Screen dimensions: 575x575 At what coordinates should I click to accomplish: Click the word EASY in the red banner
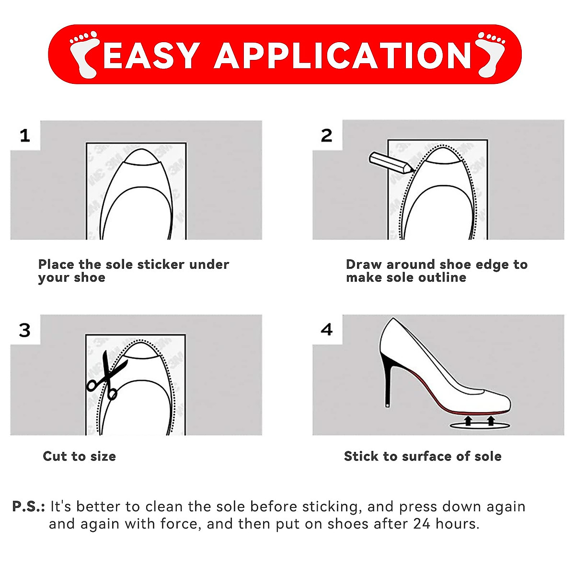(151, 55)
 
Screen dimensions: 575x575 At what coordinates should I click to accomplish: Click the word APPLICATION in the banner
(343, 55)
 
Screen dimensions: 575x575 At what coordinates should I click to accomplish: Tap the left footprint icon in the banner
(83, 54)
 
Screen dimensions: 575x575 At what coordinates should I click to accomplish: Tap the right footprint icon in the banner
(491, 54)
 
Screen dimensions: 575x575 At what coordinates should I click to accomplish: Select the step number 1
(25, 136)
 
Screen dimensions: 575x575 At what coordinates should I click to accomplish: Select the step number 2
(326, 136)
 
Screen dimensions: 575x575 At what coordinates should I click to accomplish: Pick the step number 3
(25, 330)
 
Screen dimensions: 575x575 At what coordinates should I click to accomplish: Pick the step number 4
(326, 330)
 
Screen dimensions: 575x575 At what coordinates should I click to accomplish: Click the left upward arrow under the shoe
(468, 421)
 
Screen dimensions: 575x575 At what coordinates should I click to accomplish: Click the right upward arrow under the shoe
(491, 421)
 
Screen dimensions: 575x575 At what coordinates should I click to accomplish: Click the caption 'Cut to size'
(79, 456)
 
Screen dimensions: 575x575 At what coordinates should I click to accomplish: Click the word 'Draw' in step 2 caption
(364, 264)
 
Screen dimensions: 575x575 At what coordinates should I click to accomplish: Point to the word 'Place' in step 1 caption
(57, 264)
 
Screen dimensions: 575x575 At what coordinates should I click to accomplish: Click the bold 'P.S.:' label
(29, 506)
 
